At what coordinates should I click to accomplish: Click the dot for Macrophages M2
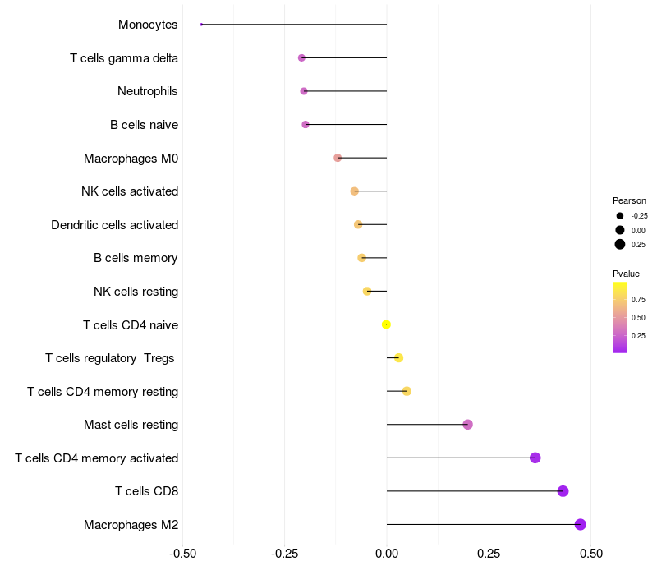coord(581,524)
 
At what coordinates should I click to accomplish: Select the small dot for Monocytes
coord(201,25)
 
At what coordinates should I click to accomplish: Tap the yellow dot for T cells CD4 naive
coord(386,324)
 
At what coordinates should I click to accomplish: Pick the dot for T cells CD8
coord(563,491)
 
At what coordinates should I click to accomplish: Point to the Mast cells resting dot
coord(468,425)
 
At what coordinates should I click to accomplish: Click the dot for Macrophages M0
coord(338,158)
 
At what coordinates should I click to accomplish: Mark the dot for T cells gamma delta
coord(301,57)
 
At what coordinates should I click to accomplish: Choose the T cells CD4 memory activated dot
coord(535,458)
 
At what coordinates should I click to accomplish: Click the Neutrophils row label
coord(148,91)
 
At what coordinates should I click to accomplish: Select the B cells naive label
coord(144,125)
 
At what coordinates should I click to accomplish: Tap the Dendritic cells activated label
coord(114,225)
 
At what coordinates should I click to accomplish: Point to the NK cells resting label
coord(136,292)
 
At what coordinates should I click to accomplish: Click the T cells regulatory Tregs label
coord(111,358)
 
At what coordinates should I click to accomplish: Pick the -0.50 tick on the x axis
coord(182,554)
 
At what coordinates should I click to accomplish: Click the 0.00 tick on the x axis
coord(387,554)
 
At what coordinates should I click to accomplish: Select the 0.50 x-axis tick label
coord(590,554)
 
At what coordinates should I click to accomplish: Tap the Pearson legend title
coord(629,200)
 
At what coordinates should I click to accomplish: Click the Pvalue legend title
coord(626,274)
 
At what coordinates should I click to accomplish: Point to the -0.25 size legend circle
coord(620,216)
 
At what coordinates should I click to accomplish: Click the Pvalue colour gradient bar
coord(620,317)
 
